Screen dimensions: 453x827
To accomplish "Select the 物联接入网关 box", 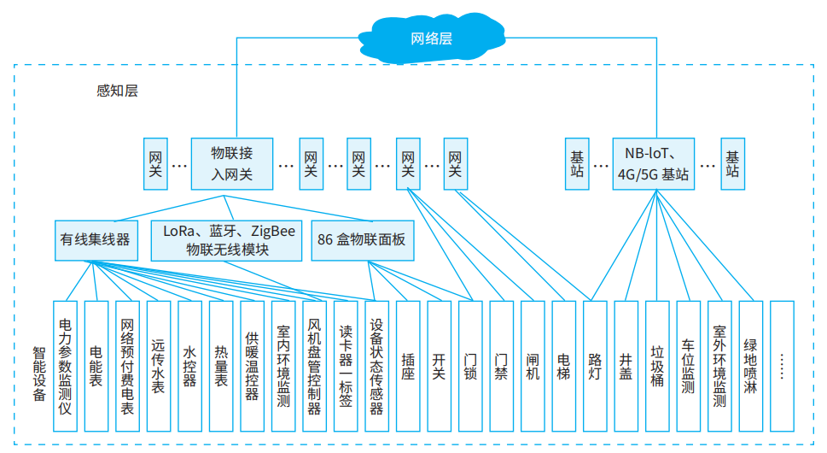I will coord(232,163).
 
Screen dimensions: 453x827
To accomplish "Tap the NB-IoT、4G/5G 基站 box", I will coord(653,163).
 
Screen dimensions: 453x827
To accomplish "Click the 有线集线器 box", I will coord(95,240).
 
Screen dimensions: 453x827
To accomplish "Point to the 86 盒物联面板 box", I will coord(361,240).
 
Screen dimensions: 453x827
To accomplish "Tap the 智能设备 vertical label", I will coord(39,374).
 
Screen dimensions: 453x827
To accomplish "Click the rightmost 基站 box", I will coord(732,163).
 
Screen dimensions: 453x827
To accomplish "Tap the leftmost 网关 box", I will coord(155,163).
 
